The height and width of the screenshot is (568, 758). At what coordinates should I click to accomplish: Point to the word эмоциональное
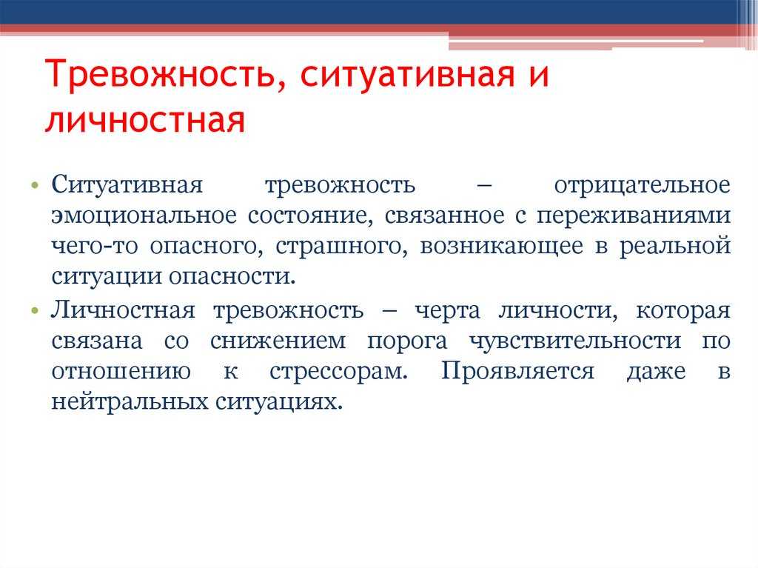coord(144,215)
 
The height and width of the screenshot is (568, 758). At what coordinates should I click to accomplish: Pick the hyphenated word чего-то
coord(95,246)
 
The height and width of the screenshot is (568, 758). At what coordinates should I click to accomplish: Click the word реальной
coord(675,246)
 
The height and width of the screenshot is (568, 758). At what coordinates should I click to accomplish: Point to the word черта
coord(448,311)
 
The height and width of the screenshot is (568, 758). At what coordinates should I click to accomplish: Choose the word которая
coord(683,311)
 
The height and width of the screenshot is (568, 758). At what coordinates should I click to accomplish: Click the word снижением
coord(278,341)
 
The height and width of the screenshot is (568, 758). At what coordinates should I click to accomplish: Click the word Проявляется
coord(517,372)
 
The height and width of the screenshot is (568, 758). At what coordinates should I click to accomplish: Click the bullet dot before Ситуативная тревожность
coord(34,186)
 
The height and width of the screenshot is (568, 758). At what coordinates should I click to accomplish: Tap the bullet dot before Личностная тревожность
coord(34,310)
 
